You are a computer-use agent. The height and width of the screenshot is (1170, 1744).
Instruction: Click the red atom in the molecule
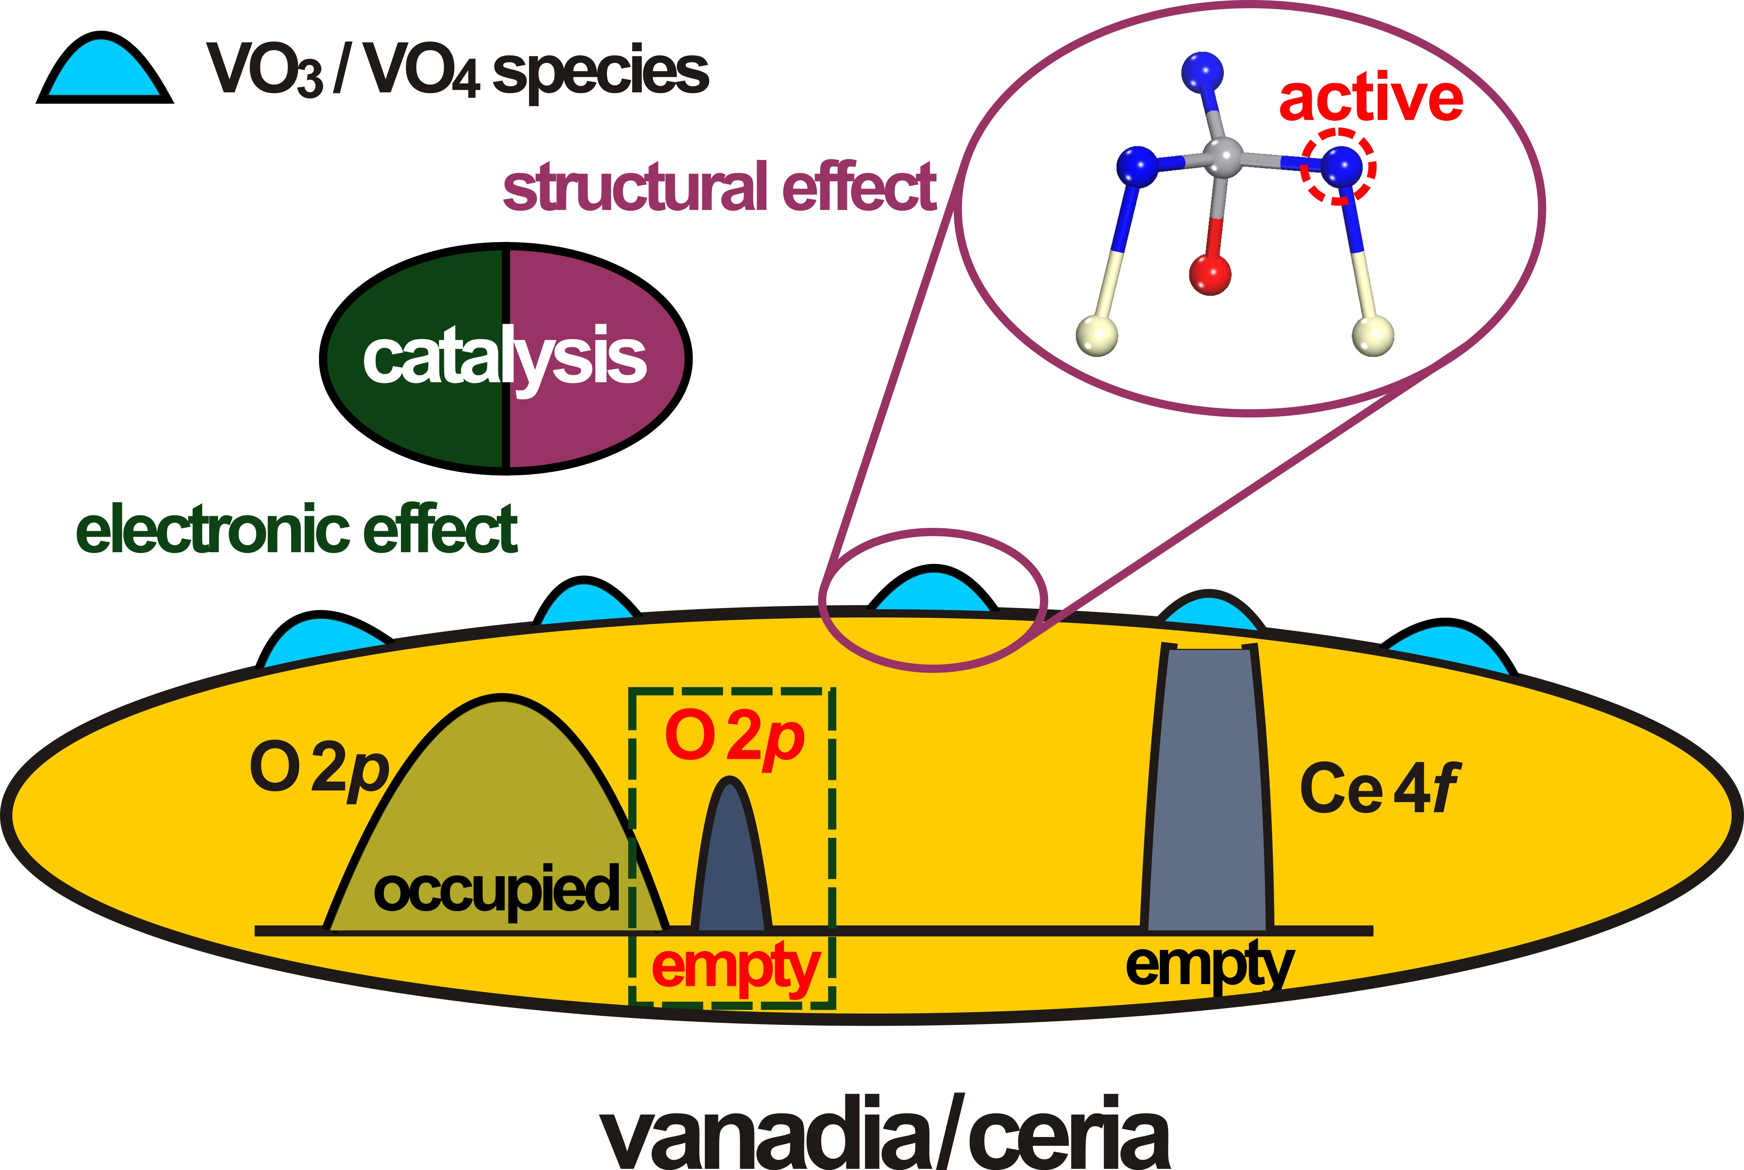pyautogui.click(x=1210, y=274)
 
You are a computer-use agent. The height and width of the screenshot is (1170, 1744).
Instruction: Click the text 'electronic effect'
pyautogui.click(x=297, y=530)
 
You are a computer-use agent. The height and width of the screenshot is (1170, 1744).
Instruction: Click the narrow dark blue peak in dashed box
pyautogui.click(x=730, y=858)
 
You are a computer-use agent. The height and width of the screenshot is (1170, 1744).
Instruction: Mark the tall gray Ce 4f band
pyautogui.click(x=1207, y=791)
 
